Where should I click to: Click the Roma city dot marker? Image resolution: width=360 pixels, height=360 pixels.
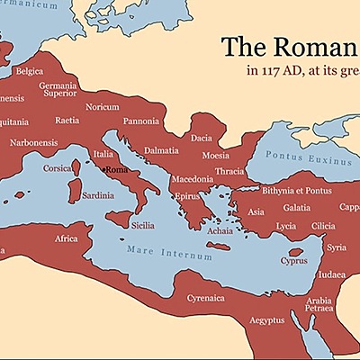[104, 169]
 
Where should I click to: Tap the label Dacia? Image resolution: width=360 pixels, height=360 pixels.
[202, 138]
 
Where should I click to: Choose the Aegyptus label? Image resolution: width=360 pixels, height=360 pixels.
[266, 320]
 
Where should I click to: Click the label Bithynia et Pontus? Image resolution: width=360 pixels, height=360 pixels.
[296, 191]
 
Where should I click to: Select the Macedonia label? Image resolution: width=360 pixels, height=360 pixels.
[192, 179]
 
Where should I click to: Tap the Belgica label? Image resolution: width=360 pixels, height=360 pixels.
[30, 70]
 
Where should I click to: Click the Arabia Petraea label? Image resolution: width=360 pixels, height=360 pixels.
[319, 306]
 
